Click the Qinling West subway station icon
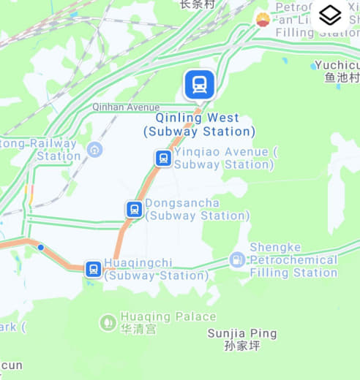click(x=199, y=85)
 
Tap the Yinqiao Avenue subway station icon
click(x=163, y=158)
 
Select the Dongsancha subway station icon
click(x=134, y=209)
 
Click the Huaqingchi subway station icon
click(x=93, y=269)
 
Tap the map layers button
click(x=330, y=15)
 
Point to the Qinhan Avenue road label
click(x=125, y=107)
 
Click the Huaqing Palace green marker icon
click(x=108, y=322)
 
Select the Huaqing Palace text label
click(x=168, y=317)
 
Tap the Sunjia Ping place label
click(x=242, y=334)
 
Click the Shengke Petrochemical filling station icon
click(x=237, y=259)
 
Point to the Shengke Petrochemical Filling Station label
click(x=293, y=259)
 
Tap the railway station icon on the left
click(x=94, y=150)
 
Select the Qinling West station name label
click(x=199, y=124)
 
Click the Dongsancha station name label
click(x=197, y=209)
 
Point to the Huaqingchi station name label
click(x=155, y=269)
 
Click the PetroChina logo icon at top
click(x=262, y=19)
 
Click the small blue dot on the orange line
click(x=41, y=248)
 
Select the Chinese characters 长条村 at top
click(x=197, y=4)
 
